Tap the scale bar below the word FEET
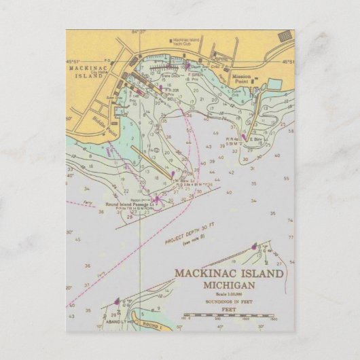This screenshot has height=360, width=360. tap(228, 315)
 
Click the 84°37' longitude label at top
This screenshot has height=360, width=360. tap(140, 31)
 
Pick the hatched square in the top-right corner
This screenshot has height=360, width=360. tap(285, 35)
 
